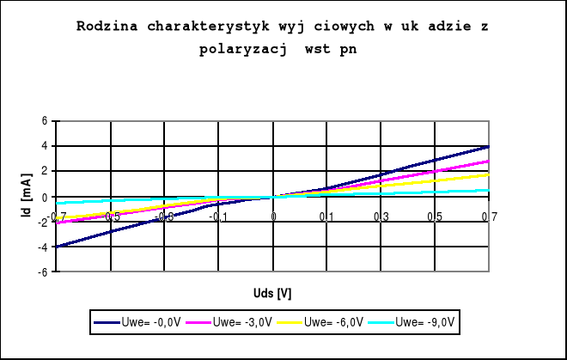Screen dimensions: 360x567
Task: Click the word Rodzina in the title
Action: pyautogui.click(x=105, y=27)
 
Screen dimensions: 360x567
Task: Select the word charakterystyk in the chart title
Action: pyautogui.click(x=204, y=27)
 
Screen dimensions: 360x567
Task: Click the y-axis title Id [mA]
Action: pyautogui.click(x=26, y=196)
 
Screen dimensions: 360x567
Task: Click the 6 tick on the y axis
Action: pyautogui.click(x=45, y=121)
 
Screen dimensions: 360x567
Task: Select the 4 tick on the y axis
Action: pyautogui.click(x=45, y=147)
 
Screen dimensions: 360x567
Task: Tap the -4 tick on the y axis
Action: pyautogui.click(x=43, y=247)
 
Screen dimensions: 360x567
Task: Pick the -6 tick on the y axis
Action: pyautogui.click(x=43, y=272)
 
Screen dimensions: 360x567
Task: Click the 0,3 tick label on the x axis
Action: pyautogui.click(x=381, y=217)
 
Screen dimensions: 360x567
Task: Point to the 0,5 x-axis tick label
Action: pyautogui.click(x=435, y=217)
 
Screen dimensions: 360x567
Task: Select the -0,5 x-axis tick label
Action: pyautogui.click(x=111, y=217)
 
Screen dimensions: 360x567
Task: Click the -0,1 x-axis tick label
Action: pyautogui.click(x=218, y=217)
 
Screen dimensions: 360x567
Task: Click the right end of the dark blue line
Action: pyautogui.click(x=489, y=147)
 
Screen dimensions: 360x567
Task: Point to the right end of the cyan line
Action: pyautogui.click(x=489, y=190)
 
